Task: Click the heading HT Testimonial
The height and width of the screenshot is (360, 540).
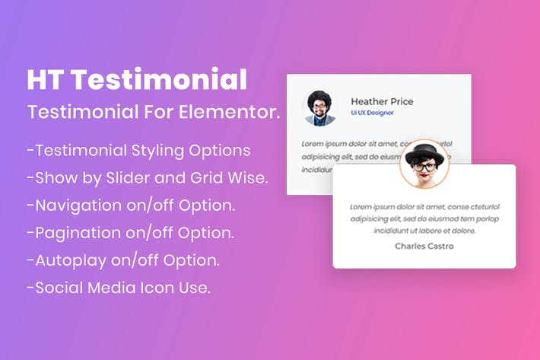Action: coord(137,80)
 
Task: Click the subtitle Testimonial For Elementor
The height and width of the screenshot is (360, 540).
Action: coord(154,113)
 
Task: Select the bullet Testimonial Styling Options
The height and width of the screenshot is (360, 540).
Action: coord(138,150)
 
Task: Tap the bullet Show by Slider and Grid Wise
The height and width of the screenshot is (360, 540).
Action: coord(146,178)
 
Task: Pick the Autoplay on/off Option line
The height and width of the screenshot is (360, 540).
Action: coord(123,260)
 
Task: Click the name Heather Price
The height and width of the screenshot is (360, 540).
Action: coord(382,101)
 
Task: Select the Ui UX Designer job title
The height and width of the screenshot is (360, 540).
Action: coord(370,113)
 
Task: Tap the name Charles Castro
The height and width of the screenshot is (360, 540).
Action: coord(424,246)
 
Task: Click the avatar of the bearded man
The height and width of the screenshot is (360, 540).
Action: coord(320,108)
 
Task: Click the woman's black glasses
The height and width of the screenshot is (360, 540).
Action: coord(424,165)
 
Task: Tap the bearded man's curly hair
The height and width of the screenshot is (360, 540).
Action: coord(320,98)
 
